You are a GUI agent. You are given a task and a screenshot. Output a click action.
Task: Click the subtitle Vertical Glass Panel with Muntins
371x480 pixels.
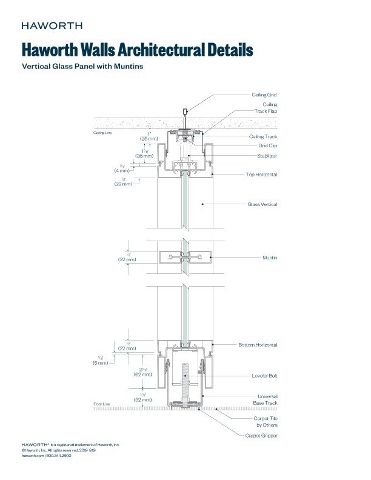(x=82, y=67)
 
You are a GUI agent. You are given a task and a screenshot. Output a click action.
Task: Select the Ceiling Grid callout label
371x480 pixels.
(x=264, y=95)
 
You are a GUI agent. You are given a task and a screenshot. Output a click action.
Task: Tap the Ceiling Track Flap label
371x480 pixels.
(x=266, y=108)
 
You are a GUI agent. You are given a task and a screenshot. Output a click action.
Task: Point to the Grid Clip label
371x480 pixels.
(x=267, y=145)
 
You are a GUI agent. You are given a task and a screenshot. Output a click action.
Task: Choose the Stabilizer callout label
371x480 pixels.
(x=267, y=156)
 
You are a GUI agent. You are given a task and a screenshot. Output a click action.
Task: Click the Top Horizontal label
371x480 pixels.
(x=262, y=174)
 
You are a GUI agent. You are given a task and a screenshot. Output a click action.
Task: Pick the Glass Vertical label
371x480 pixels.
(x=262, y=204)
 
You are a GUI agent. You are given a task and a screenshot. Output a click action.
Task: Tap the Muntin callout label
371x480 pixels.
(x=270, y=258)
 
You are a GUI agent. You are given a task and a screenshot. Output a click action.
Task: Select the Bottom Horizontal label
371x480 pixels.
(x=258, y=345)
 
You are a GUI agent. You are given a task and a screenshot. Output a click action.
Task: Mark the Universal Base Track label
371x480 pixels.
(x=264, y=400)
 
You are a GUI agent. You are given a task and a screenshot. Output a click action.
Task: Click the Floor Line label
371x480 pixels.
(x=102, y=404)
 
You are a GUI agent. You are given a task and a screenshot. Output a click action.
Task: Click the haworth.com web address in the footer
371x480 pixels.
(x=33, y=455)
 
